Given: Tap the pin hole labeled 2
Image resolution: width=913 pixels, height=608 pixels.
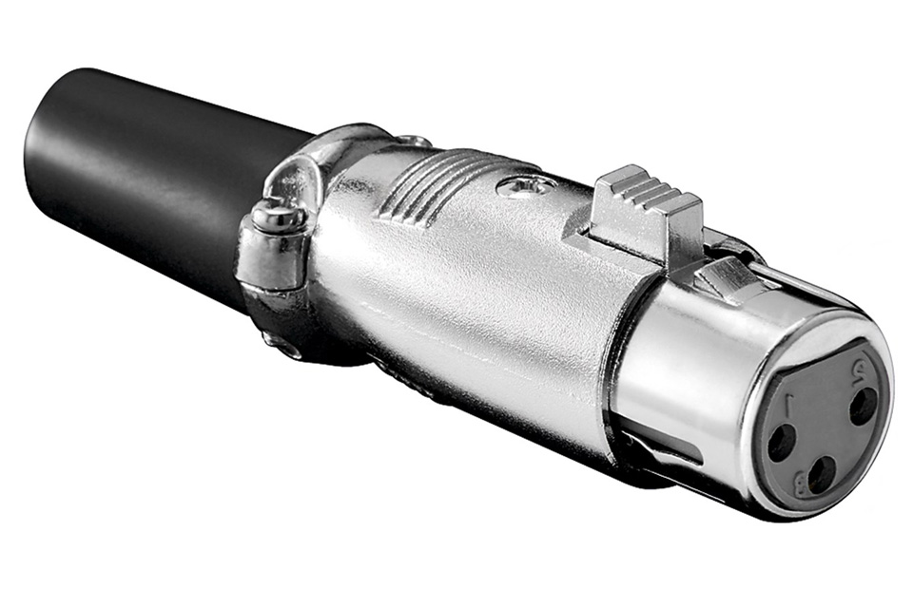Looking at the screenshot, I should coord(862,407).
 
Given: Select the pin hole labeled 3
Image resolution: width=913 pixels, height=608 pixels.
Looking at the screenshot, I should coord(822,473).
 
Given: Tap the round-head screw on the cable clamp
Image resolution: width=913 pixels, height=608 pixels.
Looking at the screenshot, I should coord(277,219).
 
